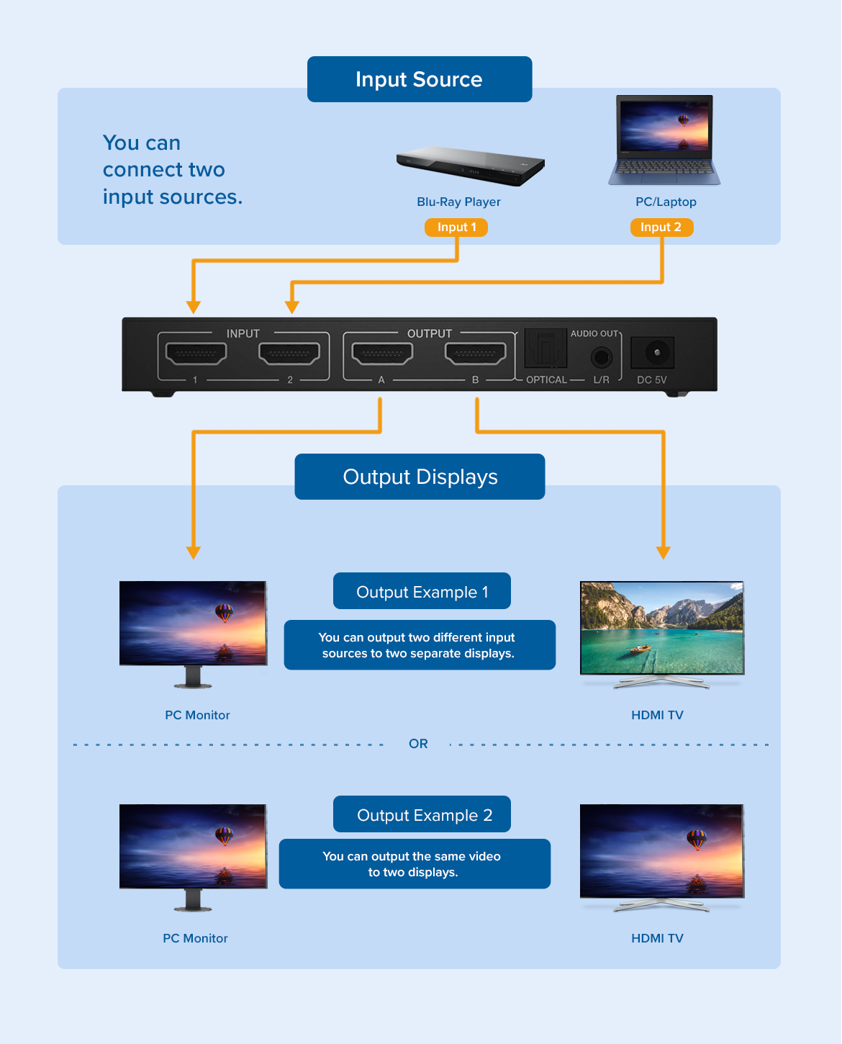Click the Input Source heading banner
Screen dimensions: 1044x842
pyautogui.click(x=420, y=79)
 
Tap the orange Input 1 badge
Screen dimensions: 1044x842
pyautogui.click(x=456, y=228)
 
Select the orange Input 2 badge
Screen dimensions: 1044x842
pyautogui.click(x=661, y=228)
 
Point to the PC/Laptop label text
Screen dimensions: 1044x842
pyautogui.click(x=666, y=202)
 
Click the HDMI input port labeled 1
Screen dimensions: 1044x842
pyautogui.click(x=196, y=354)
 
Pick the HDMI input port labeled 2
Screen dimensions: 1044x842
pyautogui.click(x=289, y=354)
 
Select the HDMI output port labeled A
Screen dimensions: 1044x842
pyautogui.click(x=382, y=354)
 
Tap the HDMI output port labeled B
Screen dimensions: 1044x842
pyautogui.click(x=475, y=354)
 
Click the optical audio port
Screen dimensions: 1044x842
pyautogui.click(x=546, y=348)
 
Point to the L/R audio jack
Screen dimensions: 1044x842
pyautogui.click(x=602, y=356)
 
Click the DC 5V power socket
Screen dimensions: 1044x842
pyautogui.click(x=653, y=353)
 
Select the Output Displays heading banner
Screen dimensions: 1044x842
pyautogui.click(x=420, y=477)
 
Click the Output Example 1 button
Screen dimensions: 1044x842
pyautogui.click(x=422, y=591)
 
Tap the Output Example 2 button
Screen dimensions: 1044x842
pyautogui.click(x=422, y=814)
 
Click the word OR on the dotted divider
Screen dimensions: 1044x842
pyautogui.click(x=418, y=744)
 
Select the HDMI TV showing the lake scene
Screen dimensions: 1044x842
pyautogui.click(x=661, y=628)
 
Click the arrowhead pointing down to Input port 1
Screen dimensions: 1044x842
pyautogui.click(x=193, y=307)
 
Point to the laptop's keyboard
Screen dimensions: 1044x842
pyautogui.click(x=664, y=168)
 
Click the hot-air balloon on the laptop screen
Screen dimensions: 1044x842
pyautogui.click(x=683, y=120)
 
